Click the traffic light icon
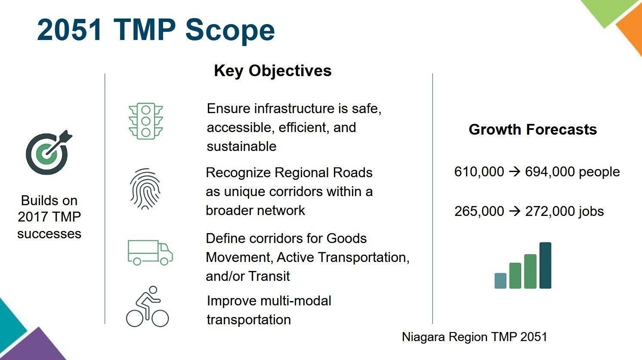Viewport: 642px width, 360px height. click(146, 121)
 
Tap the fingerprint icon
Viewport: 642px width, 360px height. click(145, 189)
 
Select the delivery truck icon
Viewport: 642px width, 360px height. click(150, 252)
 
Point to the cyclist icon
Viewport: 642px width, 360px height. click(147, 307)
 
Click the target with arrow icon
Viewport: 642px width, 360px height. click(49, 152)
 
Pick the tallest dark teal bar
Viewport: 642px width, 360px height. click(545, 265)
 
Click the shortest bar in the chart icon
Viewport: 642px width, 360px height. click(500, 280)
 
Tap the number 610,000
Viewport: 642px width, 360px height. click(479, 172)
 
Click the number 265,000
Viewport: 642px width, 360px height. click(479, 212)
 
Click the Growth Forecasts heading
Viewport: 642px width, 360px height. click(533, 129)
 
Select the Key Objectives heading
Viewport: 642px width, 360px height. click(272, 71)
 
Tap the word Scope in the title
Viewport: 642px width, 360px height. click(230, 30)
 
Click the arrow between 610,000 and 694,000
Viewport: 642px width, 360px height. click(515, 172)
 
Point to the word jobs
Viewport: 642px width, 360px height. click(591, 212)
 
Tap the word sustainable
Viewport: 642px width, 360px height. click(241, 147)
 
